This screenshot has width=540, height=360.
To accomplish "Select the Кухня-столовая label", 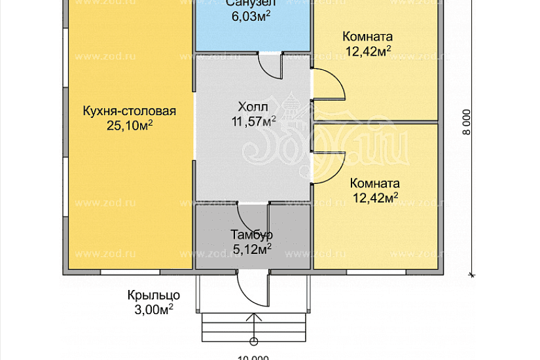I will [130, 111].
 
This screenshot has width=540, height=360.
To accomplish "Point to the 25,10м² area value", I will [130, 124].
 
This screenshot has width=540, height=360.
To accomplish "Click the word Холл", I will [253, 107].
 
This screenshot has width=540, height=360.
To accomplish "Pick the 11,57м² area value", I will [253, 120].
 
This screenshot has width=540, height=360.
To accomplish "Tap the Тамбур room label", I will [251, 234].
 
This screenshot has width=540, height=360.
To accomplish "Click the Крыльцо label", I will [153, 295].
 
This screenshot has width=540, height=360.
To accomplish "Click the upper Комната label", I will [367, 37].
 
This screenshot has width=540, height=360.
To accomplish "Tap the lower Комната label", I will [374, 183].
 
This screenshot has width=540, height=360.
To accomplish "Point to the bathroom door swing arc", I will [268, 65].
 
